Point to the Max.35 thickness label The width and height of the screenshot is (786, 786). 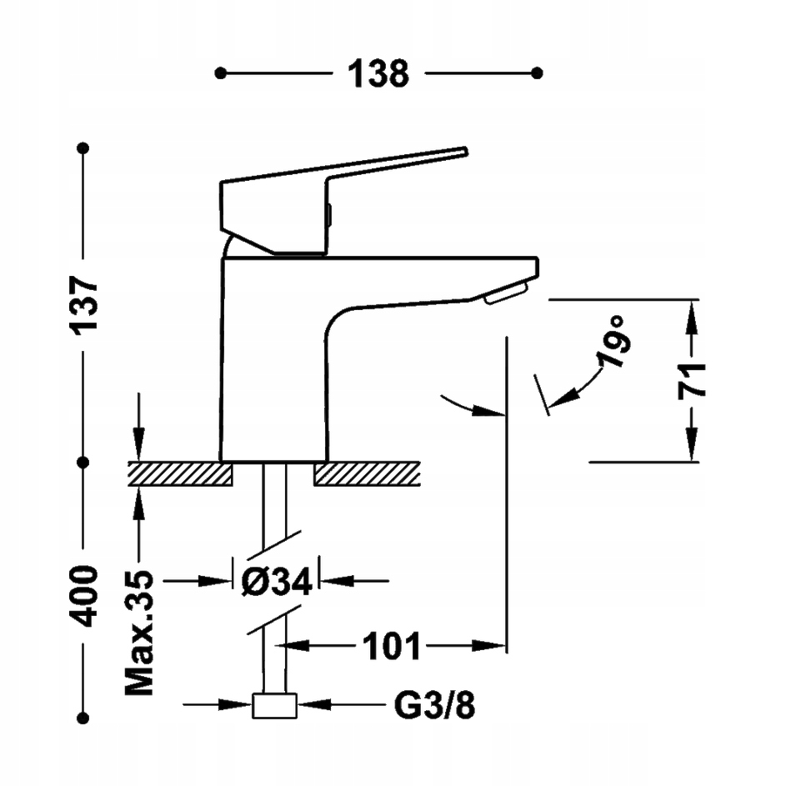point(140,633)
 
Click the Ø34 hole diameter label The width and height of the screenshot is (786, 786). point(276,581)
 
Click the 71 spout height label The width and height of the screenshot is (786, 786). point(691,380)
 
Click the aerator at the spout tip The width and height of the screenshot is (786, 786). point(506,292)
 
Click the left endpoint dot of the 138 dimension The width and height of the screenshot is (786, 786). point(220,73)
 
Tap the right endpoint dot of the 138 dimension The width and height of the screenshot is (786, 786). point(538,73)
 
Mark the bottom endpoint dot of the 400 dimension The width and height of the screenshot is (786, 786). point(83,716)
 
